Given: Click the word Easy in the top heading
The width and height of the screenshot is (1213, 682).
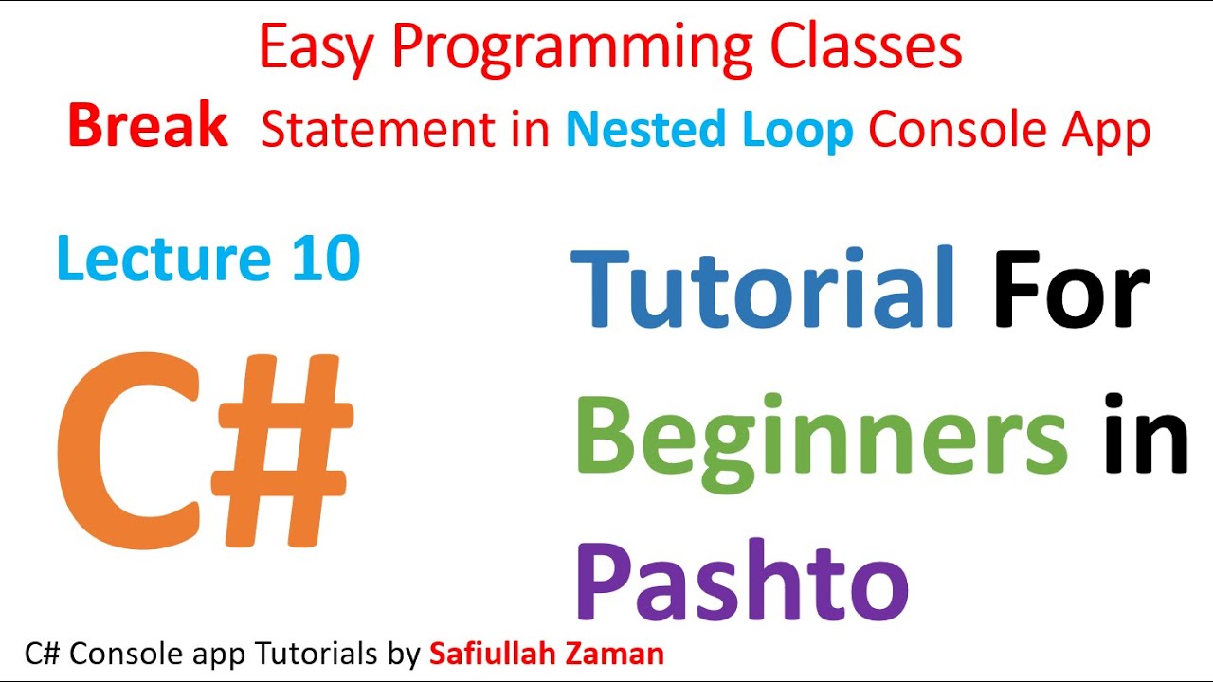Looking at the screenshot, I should coord(318,49).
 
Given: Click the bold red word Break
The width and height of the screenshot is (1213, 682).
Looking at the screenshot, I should coord(148,127).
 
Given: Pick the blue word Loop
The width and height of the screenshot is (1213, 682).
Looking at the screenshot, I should coord(798,131).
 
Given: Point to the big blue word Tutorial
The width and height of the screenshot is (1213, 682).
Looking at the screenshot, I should coord(764,288).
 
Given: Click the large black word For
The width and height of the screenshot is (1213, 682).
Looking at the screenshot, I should coord(1071,288).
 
